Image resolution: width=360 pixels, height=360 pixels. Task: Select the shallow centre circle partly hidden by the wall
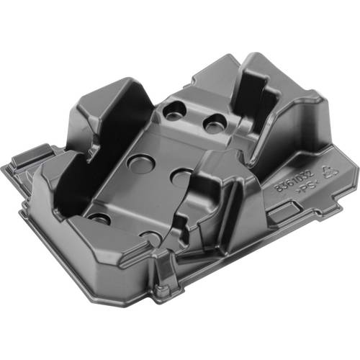[182, 177]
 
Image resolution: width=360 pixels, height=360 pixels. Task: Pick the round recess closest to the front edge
[151, 238]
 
